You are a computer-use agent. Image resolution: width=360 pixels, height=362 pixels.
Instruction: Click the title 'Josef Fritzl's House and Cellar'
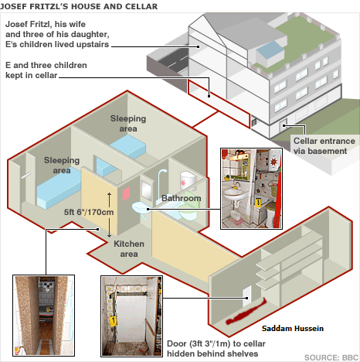(79, 6)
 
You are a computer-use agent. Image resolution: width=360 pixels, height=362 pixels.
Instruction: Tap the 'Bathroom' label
(182, 198)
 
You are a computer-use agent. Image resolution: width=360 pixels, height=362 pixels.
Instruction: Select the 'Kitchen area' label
(129, 249)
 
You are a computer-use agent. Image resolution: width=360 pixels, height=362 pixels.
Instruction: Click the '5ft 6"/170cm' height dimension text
(89, 212)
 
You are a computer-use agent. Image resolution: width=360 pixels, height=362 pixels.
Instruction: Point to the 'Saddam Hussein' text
(293, 328)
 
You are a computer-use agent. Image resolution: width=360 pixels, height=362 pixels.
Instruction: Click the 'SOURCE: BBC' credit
(331, 357)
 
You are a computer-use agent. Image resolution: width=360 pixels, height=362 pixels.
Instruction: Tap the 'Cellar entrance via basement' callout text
(324, 146)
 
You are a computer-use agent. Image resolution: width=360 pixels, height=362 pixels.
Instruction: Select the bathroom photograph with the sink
(251, 189)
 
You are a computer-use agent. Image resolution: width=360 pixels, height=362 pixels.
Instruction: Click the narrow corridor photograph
(44, 316)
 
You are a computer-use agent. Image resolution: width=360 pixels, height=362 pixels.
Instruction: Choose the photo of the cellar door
(131, 316)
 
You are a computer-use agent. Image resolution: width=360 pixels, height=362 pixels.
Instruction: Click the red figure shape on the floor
(246, 311)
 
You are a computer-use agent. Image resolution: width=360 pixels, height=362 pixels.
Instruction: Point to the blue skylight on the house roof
(270, 51)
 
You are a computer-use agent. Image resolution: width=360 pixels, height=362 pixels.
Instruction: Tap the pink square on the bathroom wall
(126, 194)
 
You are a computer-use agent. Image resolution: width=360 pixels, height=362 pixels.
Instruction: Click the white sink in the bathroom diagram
(141, 209)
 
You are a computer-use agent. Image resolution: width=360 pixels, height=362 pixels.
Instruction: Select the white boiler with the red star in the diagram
(188, 180)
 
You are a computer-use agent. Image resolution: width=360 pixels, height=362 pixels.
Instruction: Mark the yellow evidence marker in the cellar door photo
(113, 321)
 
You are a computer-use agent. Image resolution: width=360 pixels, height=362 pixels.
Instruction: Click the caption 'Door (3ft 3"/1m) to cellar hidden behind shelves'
(216, 349)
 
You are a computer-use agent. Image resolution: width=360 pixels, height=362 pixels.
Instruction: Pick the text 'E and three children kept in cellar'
(46, 70)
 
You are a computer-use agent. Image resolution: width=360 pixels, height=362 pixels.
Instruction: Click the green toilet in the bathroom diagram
(189, 209)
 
